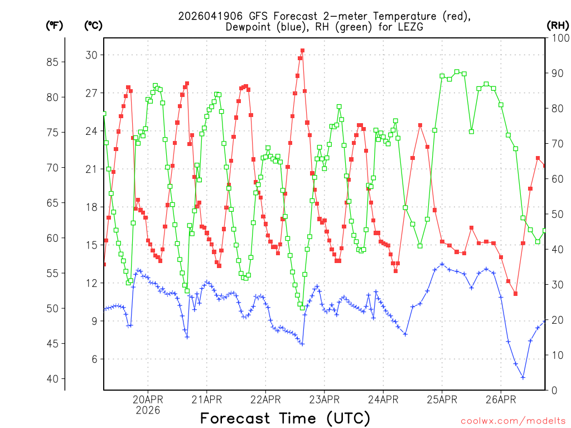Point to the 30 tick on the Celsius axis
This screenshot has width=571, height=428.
91,55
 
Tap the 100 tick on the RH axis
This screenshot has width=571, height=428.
558,38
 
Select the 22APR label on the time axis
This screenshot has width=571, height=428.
265,399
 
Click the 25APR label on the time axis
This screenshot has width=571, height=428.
442,399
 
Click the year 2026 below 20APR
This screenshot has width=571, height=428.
147,410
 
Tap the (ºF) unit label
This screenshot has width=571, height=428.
55,25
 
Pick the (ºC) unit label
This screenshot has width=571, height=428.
93,25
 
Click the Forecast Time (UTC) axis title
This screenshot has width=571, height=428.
285,418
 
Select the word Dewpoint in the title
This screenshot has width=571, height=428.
248,27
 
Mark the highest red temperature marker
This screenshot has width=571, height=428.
302,51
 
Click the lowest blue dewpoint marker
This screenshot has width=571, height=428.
523,377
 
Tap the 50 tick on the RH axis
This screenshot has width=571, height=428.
558,215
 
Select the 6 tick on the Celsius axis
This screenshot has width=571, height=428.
94,359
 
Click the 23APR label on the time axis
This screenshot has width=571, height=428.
325,399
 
